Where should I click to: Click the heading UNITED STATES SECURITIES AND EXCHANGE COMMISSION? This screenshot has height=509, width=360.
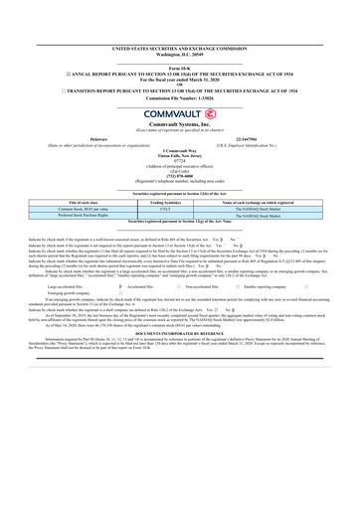pyautogui.click(x=179, y=48)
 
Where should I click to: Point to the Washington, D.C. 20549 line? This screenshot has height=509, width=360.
pyautogui.click(x=179, y=54)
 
